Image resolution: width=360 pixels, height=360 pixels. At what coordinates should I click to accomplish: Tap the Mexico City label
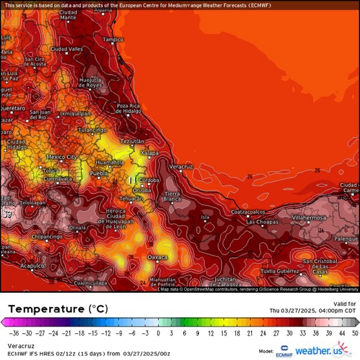[x=61, y=156]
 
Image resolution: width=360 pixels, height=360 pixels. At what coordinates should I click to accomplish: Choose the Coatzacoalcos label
[x=249, y=211]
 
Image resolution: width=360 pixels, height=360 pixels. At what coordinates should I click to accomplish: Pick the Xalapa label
[x=149, y=153]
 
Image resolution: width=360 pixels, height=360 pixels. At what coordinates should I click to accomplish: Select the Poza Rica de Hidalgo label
[x=129, y=108]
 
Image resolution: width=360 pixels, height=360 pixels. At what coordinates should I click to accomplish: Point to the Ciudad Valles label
[x=67, y=49]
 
